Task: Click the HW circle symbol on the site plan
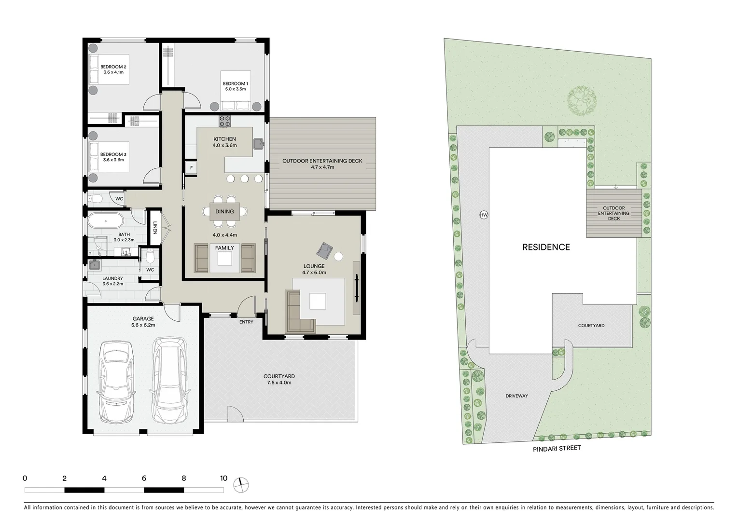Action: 483,216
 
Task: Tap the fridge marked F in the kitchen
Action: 191,168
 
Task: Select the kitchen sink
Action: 258,144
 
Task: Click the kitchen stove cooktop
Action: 225,121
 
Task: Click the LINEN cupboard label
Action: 155,227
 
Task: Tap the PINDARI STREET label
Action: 557,449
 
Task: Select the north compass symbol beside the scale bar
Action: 240,484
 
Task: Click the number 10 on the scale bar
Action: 223,479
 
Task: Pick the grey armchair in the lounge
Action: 325,250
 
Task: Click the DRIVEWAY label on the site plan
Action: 516,396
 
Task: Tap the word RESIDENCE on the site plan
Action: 546,247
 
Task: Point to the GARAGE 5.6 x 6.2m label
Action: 143,322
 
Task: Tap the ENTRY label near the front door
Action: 246,322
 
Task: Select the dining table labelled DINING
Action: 224,211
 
